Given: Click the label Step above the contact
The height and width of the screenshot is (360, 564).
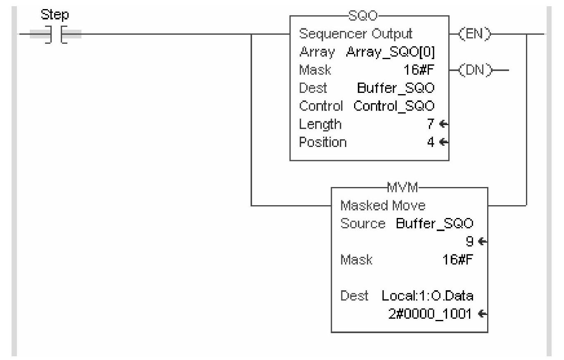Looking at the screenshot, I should (55, 15).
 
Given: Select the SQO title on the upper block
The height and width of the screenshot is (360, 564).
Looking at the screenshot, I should (369, 16).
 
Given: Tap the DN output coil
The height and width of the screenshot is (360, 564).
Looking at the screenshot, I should (476, 70).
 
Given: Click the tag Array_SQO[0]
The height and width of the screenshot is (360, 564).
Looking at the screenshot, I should (390, 52).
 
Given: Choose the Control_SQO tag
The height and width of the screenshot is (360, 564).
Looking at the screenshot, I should (394, 106).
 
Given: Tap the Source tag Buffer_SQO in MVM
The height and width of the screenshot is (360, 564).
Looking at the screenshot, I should (434, 223).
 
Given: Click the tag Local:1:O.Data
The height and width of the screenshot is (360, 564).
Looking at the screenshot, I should (428, 296).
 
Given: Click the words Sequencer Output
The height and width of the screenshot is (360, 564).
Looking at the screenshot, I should (356, 34).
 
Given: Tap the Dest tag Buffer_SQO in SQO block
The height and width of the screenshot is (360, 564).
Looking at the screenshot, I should (395, 88).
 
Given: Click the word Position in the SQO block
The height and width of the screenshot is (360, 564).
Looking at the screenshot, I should (323, 142).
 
